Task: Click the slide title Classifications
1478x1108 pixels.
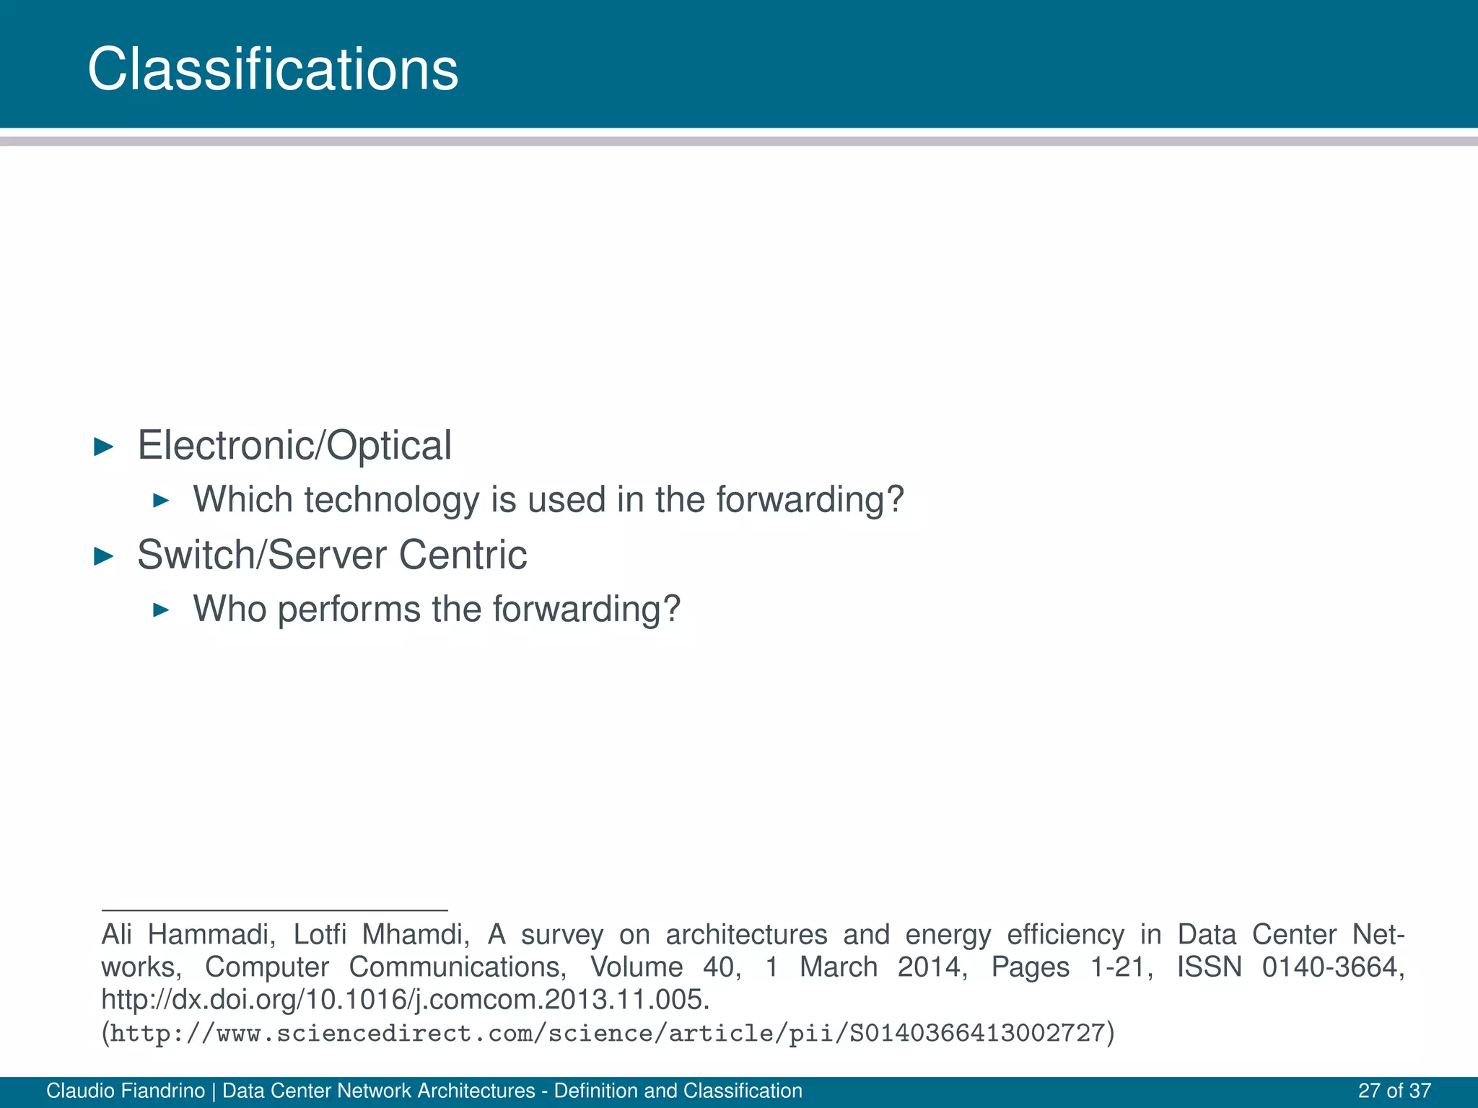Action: pos(273,69)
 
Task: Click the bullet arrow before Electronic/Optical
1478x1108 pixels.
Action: pos(105,447)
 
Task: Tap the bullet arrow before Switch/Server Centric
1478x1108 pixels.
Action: pos(105,556)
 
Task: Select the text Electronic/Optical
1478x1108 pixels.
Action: pos(294,445)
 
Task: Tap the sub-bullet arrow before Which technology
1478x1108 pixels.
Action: pos(162,501)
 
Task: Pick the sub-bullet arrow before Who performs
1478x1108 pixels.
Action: pos(162,610)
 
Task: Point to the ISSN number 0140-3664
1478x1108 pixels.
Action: pos(1332,967)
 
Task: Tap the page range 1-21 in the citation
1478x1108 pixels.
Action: pos(1121,967)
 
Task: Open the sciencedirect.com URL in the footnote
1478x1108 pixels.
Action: pos(608,1034)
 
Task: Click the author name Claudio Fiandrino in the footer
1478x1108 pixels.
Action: pos(126,1091)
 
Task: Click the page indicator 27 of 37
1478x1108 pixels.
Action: pos(1394,1091)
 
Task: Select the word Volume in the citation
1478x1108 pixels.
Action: pos(637,967)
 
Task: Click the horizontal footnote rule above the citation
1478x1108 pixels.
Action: pos(274,910)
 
